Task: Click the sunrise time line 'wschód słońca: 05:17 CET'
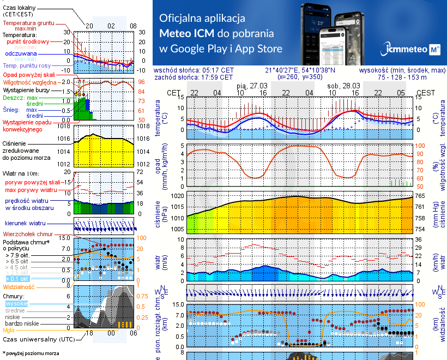[194, 70]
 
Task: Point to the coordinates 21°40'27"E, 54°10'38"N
[300, 70]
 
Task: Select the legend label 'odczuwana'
[21, 54]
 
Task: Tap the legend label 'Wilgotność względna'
[30, 81]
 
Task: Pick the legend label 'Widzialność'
[19, 286]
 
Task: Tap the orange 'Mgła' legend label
[9, 329]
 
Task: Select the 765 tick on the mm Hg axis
[421, 195]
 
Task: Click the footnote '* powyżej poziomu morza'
[31, 353]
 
